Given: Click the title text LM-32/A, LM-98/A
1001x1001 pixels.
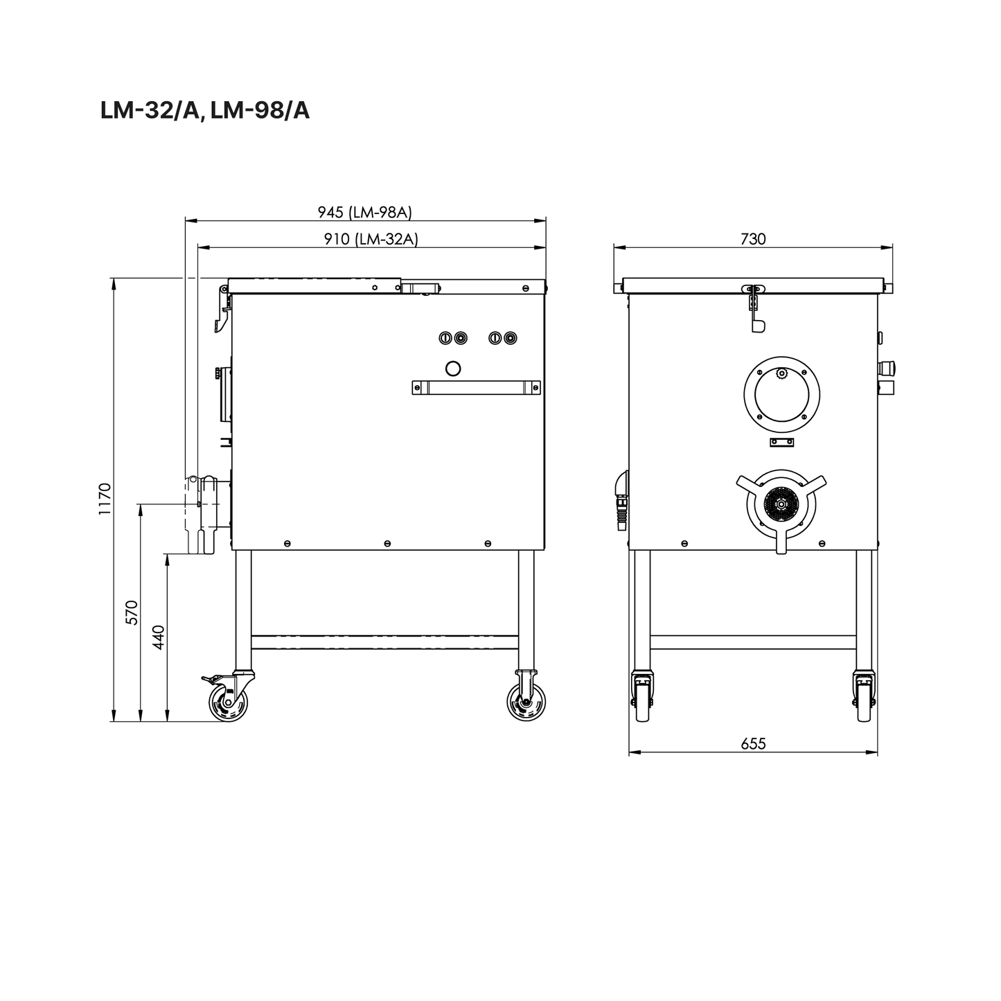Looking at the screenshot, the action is (204, 111).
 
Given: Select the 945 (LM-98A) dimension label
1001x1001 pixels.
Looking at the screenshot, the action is (364, 212).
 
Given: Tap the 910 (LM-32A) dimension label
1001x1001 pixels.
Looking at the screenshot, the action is (371, 239).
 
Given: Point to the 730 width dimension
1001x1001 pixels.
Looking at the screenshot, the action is (753, 239).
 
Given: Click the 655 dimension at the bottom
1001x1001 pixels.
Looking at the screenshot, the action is (753, 744).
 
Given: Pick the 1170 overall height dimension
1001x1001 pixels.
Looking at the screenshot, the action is (105, 499).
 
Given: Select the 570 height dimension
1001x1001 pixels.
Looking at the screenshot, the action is (132, 612).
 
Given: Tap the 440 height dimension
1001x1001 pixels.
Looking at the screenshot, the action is (159, 637).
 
